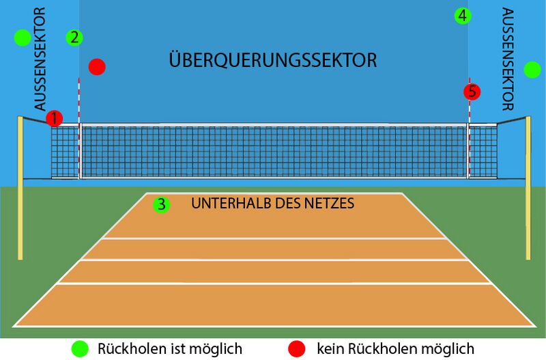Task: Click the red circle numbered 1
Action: point(55,118)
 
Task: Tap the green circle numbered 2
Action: point(74,38)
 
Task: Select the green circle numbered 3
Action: point(162,204)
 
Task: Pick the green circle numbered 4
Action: point(463,16)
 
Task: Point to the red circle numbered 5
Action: point(472,92)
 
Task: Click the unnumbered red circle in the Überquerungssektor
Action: point(97,66)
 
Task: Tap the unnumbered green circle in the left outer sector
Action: point(23,38)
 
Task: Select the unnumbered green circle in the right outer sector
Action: point(532,70)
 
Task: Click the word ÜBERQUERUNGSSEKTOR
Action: point(272,59)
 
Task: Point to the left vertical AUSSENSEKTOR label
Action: point(40,59)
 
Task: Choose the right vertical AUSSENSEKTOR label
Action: point(508,59)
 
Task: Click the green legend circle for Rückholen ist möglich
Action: point(80,348)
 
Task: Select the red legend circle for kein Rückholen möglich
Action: point(297,348)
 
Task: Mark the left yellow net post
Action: point(20,188)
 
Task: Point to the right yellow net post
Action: point(528,188)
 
